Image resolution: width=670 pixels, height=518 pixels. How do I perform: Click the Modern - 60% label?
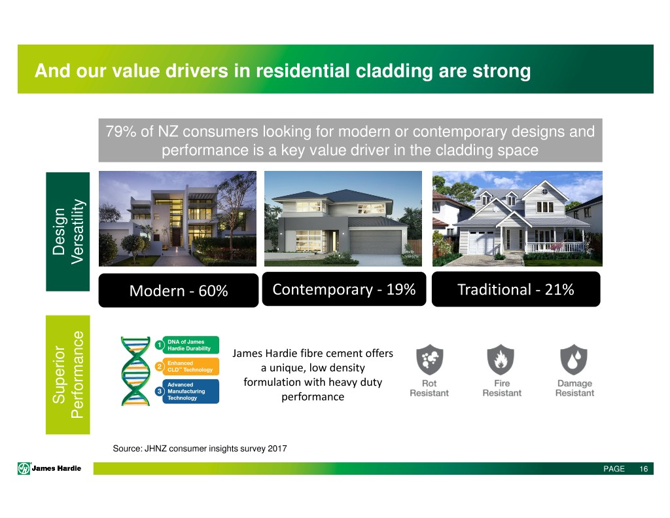(179, 291)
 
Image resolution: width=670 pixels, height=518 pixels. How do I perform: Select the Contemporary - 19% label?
(344, 289)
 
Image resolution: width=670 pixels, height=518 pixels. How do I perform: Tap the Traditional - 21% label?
(516, 289)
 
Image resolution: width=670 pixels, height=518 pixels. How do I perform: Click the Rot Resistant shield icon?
(429, 360)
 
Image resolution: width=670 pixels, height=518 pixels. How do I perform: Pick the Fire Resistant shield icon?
(501, 360)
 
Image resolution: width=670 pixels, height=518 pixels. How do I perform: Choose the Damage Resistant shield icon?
(574, 360)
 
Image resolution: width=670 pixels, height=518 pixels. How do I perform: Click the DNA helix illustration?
(135, 371)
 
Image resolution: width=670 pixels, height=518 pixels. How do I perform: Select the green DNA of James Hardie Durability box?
(190, 344)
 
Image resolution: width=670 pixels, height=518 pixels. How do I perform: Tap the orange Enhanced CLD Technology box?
(190, 366)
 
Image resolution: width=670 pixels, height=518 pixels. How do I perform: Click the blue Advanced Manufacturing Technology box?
(190, 391)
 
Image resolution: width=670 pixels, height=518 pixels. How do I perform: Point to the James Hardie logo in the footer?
(50, 468)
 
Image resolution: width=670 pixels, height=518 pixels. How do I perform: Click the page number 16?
(644, 469)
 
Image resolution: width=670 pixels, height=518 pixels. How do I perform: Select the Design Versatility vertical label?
(68, 231)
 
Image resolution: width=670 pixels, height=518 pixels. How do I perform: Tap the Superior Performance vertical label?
(68, 375)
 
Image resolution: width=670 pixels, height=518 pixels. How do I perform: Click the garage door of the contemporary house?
(376, 242)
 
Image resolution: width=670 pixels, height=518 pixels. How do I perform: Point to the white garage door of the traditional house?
(482, 242)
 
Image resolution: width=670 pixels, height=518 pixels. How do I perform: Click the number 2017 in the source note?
(277, 449)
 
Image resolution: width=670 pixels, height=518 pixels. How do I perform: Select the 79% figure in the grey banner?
(121, 132)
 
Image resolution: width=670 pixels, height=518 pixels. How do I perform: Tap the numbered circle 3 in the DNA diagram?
(160, 391)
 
